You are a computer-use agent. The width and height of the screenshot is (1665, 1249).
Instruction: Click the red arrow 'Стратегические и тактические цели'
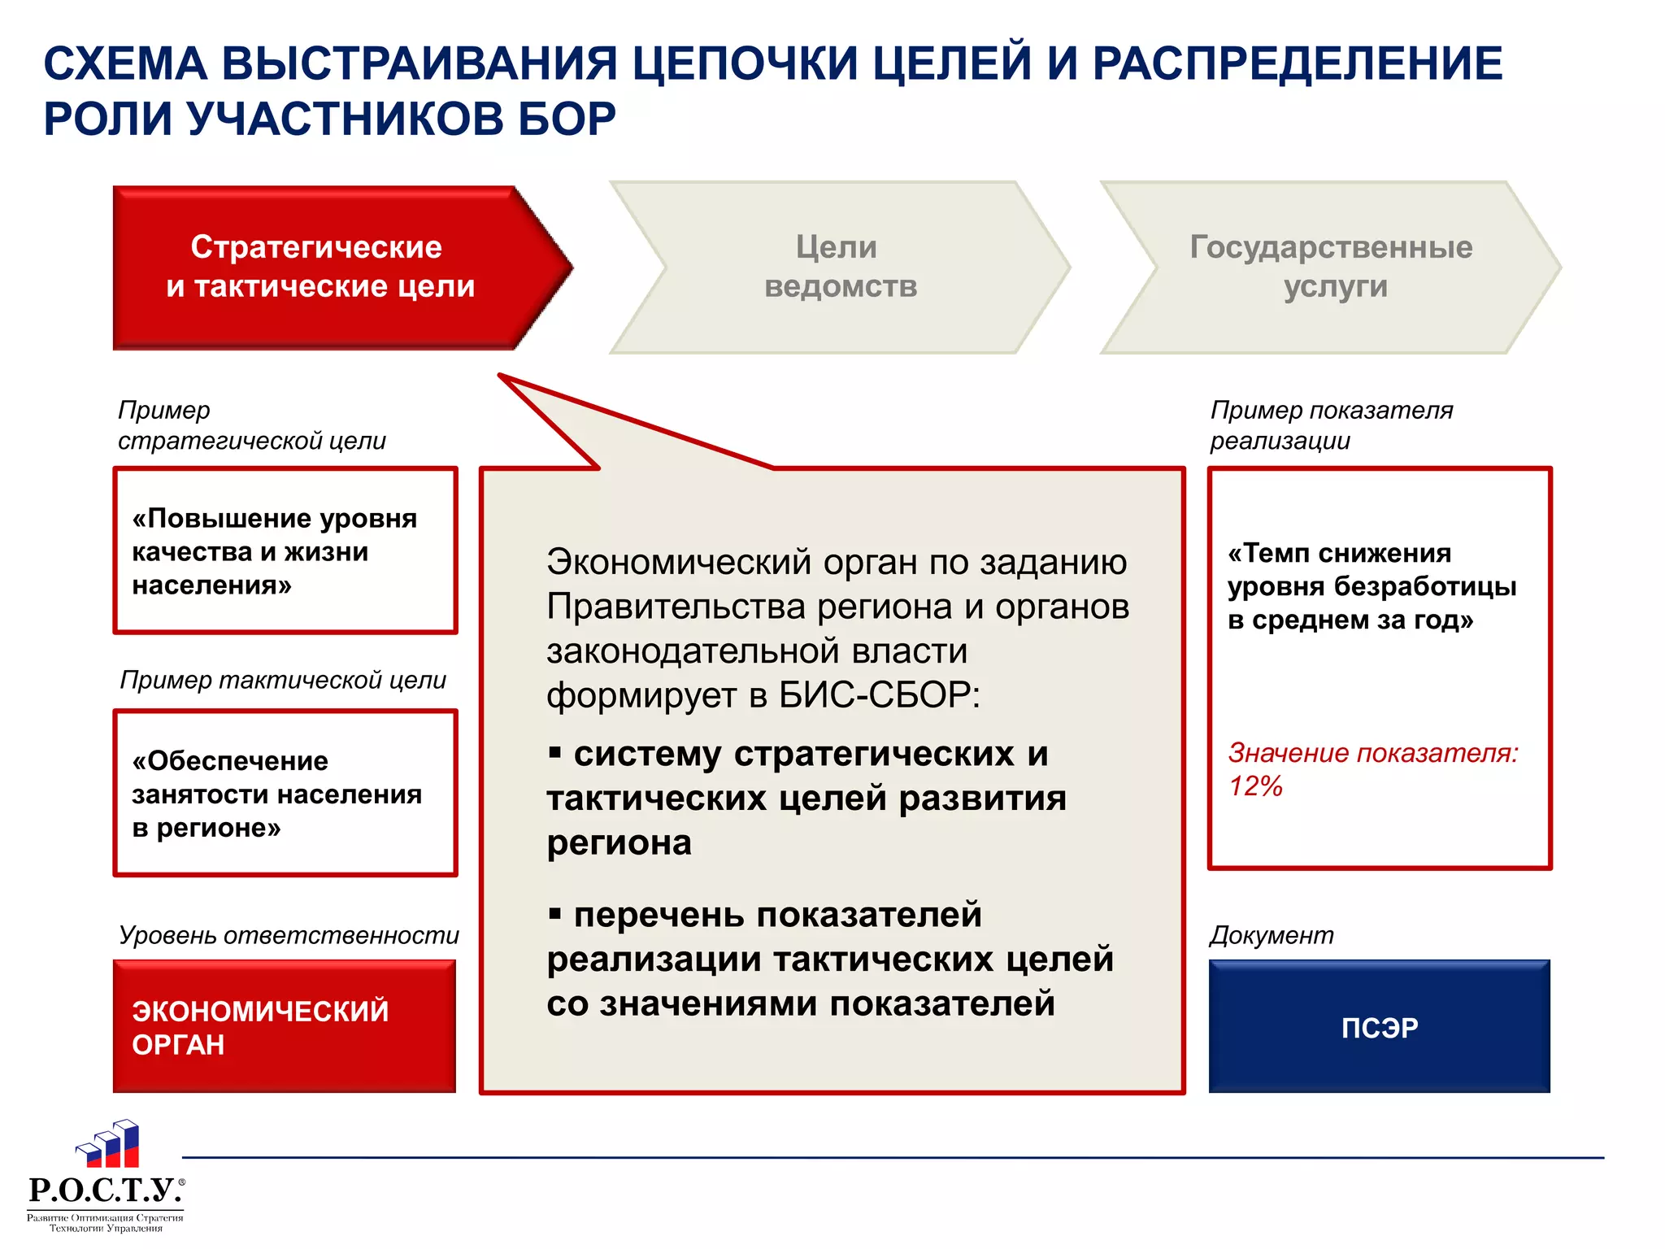pyautogui.click(x=325, y=267)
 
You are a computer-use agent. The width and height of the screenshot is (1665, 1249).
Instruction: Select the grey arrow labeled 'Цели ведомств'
pyautogui.click(x=840, y=267)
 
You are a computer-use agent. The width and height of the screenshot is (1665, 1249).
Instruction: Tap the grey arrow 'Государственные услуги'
pyautogui.click(x=1331, y=267)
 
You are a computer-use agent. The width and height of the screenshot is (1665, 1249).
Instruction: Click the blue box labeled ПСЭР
pyautogui.click(x=1379, y=1027)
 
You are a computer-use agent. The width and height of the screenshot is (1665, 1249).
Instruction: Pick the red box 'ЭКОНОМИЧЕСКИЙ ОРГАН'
pyautogui.click(x=285, y=1027)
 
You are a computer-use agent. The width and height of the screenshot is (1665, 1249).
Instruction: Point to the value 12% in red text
pyautogui.click(x=1256, y=786)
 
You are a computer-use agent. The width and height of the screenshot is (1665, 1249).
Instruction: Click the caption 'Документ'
pyautogui.click(x=1272, y=935)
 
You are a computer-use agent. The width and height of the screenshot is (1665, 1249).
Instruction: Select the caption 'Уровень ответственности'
pyautogui.click(x=289, y=935)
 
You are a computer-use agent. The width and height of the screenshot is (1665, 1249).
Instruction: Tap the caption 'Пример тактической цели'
pyautogui.click(x=283, y=680)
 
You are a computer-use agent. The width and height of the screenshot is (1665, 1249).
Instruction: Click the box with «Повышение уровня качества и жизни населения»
pyautogui.click(x=285, y=551)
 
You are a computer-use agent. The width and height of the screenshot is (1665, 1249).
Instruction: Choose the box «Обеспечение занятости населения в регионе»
pyautogui.click(x=285, y=794)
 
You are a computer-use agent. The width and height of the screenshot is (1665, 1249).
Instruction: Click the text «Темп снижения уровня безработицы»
pyautogui.click(x=1372, y=586)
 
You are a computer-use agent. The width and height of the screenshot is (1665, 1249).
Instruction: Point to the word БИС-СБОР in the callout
pyautogui.click(x=878, y=695)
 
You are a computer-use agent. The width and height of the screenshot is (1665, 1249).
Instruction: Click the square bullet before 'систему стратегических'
pyautogui.click(x=555, y=753)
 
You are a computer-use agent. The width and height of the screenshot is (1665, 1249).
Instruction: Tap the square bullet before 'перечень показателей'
pyautogui.click(x=555, y=915)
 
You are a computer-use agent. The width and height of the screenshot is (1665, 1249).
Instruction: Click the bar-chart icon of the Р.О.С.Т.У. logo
pyautogui.click(x=110, y=1145)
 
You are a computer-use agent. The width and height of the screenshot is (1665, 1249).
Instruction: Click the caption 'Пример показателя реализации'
pyautogui.click(x=1331, y=425)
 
